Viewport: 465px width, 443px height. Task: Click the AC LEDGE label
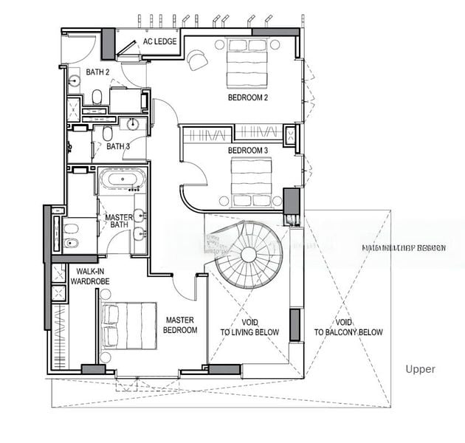160,41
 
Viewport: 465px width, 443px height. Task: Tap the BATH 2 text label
97,72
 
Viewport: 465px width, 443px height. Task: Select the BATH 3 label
118,146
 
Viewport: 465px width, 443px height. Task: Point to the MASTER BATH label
118,222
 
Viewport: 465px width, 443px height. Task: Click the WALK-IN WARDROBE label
89,275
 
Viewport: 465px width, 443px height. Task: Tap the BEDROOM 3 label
248,151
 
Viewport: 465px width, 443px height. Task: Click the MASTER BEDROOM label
181,325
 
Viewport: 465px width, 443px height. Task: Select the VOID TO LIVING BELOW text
249,327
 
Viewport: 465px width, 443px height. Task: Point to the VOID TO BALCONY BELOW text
348,327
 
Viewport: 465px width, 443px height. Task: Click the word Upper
420,369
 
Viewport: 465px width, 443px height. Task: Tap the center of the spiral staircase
248,255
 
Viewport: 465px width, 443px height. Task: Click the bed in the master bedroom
127,325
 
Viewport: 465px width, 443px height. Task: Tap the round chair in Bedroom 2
198,59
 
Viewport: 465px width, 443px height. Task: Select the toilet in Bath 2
97,95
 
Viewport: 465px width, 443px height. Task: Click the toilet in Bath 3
108,133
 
